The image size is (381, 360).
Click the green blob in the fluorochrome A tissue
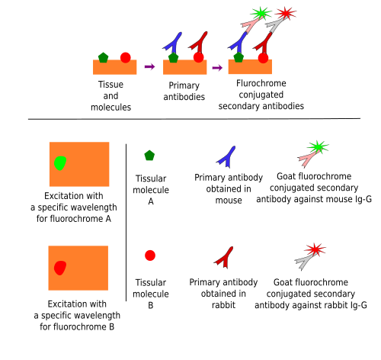[60, 163]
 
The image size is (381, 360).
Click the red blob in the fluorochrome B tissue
[60, 268]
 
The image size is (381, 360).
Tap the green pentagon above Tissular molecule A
[149, 156]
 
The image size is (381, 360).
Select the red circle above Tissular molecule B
[150, 256]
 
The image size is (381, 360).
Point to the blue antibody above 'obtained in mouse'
[226, 158]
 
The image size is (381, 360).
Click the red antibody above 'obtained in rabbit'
[224, 257]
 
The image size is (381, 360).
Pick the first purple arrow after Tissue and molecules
[149, 67]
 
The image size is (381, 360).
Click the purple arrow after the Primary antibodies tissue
[217, 68]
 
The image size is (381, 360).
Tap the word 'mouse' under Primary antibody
[229, 201]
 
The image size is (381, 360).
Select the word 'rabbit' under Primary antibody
[223, 305]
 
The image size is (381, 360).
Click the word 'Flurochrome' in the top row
[261, 83]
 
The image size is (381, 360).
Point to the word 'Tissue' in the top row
[110, 85]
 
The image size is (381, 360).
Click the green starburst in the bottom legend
[318, 147]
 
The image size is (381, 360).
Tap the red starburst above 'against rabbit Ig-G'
[315, 249]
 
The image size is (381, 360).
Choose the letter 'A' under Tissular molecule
[151, 201]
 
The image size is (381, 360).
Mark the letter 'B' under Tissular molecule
[151, 305]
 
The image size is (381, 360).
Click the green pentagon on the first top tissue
[103, 58]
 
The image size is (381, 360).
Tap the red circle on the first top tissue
[126, 58]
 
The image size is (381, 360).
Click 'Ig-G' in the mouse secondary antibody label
[363, 199]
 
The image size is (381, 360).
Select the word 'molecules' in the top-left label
[110, 108]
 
